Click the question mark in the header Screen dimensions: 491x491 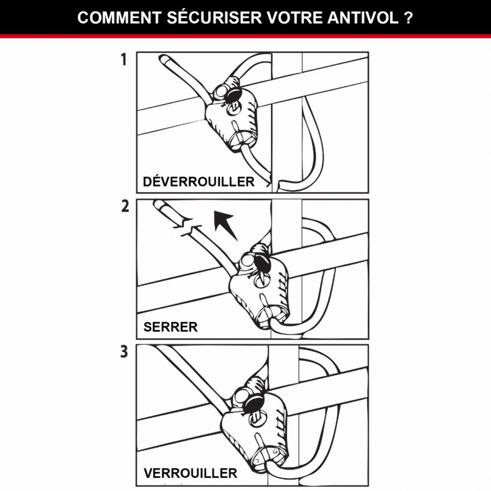408,18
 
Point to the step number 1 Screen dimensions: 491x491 124,60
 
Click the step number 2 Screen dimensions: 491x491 125,206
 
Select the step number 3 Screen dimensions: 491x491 124,352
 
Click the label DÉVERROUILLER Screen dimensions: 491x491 198,182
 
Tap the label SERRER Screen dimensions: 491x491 170,327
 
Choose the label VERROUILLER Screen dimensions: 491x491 190,473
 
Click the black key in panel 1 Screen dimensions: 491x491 233,97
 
